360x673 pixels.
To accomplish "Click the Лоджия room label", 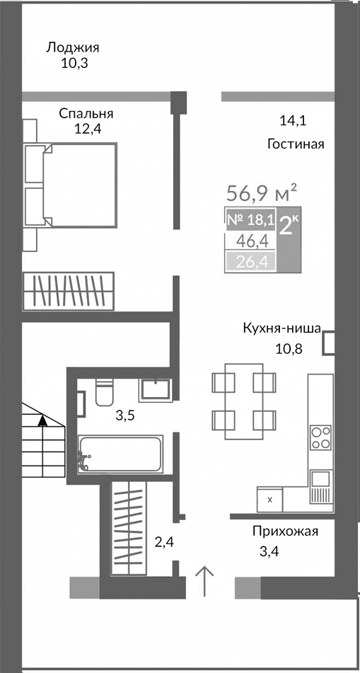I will [72, 47].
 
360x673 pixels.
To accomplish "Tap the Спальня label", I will [86, 113].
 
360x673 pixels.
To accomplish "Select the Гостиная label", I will [295, 144].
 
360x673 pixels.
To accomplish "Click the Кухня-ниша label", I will [281, 328].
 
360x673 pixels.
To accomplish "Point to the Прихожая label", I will [285, 531].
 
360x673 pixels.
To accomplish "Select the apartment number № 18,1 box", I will [250, 219].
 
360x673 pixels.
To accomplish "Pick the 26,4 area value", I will [250, 263].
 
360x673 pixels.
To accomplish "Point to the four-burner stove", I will [320, 437].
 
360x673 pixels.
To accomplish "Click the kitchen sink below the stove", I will [320, 480].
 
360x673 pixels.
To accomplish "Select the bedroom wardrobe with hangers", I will [68, 291].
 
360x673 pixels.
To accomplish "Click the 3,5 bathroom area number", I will [125, 415].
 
